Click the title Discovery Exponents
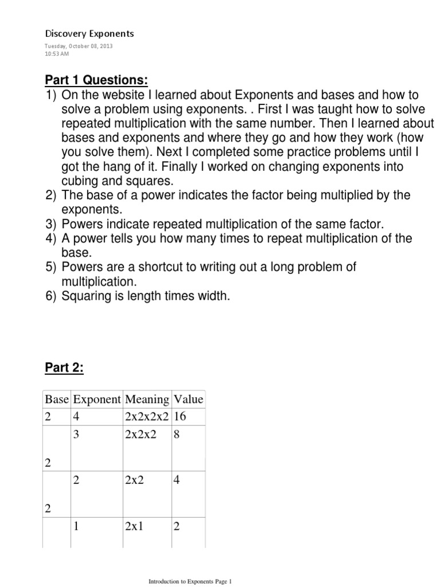89,33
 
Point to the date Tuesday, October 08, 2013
78,46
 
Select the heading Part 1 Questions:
96,79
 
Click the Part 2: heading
64,369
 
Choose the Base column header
56,400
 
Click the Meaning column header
147,400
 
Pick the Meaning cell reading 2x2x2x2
147,417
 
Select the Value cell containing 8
177,435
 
